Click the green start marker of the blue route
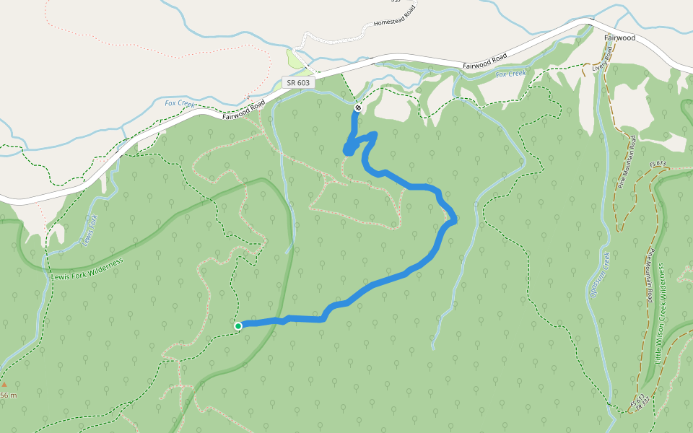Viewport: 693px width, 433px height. pos(238,326)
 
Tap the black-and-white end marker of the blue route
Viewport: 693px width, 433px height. pos(357,108)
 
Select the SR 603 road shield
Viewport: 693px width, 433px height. pos(298,83)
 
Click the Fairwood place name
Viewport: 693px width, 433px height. pos(620,38)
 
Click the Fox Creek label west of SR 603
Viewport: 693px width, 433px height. pos(179,103)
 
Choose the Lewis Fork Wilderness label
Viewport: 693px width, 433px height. pos(87,268)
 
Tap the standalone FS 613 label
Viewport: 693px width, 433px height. pos(658,164)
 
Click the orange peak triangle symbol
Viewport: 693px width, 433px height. pos(4,385)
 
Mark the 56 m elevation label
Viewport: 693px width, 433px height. pos(8,395)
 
